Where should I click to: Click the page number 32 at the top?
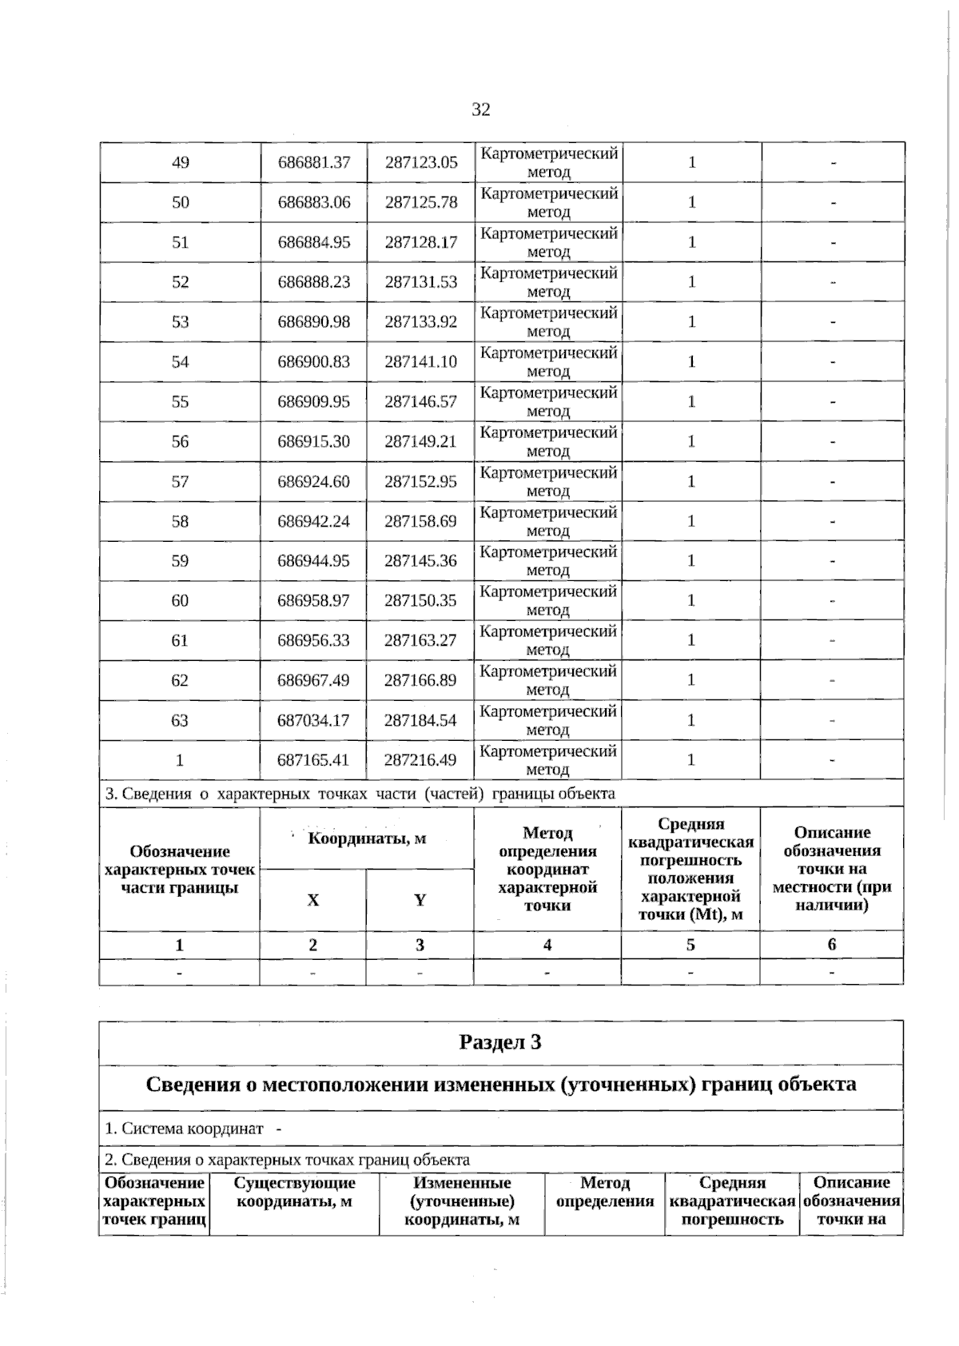480,110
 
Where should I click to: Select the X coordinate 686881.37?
314,162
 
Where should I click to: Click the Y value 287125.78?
421,202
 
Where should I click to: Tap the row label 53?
181,321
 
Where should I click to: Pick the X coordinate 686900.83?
314,361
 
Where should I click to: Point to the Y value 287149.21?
421,441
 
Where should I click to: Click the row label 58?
181,521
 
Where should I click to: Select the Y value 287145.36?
421,560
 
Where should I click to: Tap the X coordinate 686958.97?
314,600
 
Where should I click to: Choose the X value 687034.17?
314,720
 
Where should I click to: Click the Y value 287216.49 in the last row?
421,759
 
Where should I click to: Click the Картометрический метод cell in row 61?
548,640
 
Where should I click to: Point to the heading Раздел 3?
501,1042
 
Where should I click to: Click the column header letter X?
313,900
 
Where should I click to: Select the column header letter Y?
420,900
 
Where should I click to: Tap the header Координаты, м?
367,838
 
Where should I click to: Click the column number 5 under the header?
690,945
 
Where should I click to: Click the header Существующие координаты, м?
295,1192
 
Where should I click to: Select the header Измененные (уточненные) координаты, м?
462,1201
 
